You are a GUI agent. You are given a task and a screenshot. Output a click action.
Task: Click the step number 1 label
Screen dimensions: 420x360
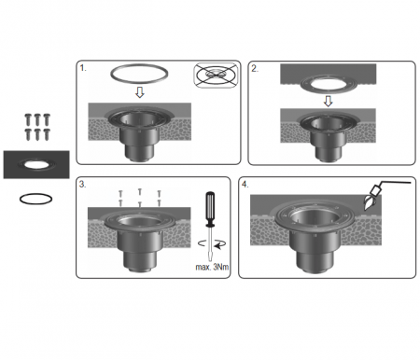[x=82, y=68]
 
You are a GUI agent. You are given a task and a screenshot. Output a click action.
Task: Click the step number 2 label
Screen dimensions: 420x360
[x=255, y=69]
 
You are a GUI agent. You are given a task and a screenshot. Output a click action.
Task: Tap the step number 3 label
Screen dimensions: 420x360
[x=82, y=184]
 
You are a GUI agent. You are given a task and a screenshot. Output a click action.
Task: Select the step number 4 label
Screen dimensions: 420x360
[x=245, y=185]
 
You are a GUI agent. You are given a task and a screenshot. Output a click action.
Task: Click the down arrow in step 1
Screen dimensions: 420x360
[x=140, y=92]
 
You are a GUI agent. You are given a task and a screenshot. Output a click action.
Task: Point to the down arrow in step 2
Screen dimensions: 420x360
[x=328, y=101]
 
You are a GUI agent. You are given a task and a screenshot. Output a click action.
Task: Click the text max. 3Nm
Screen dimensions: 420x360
[x=212, y=267]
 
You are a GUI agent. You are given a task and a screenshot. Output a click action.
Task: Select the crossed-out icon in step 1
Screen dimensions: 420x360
[x=217, y=76]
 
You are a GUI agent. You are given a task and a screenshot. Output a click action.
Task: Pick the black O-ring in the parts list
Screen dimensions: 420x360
[x=35, y=199]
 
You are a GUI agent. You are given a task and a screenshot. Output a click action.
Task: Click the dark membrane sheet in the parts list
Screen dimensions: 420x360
[x=36, y=164]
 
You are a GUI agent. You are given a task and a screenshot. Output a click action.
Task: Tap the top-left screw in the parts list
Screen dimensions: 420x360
[x=28, y=118]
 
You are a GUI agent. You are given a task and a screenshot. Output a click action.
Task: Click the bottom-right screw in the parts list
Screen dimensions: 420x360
[x=47, y=133]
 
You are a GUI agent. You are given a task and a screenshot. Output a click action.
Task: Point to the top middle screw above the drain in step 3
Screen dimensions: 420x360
[x=140, y=192]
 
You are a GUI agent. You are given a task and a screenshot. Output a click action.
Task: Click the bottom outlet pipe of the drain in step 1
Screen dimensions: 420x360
[x=139, y=152]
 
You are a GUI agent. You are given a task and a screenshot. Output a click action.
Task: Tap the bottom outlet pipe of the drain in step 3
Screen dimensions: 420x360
[x=139, y=260]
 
